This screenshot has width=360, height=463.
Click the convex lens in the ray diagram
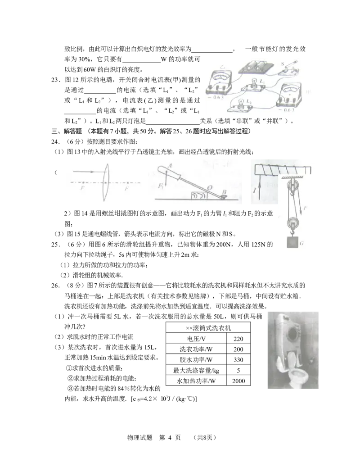coord(106,182)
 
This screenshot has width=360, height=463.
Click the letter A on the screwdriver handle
coord(170,166)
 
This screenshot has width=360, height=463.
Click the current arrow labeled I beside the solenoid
coord(259,185)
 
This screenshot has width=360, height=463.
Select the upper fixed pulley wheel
coord(292,186)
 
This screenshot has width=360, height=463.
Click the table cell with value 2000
coord(238,381)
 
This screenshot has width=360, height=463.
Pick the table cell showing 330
coord(238,360)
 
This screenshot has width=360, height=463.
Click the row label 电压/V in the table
coord(196,339)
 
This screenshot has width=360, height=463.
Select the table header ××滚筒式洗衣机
coord(208,328)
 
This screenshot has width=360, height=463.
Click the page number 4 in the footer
coord(170,437)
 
